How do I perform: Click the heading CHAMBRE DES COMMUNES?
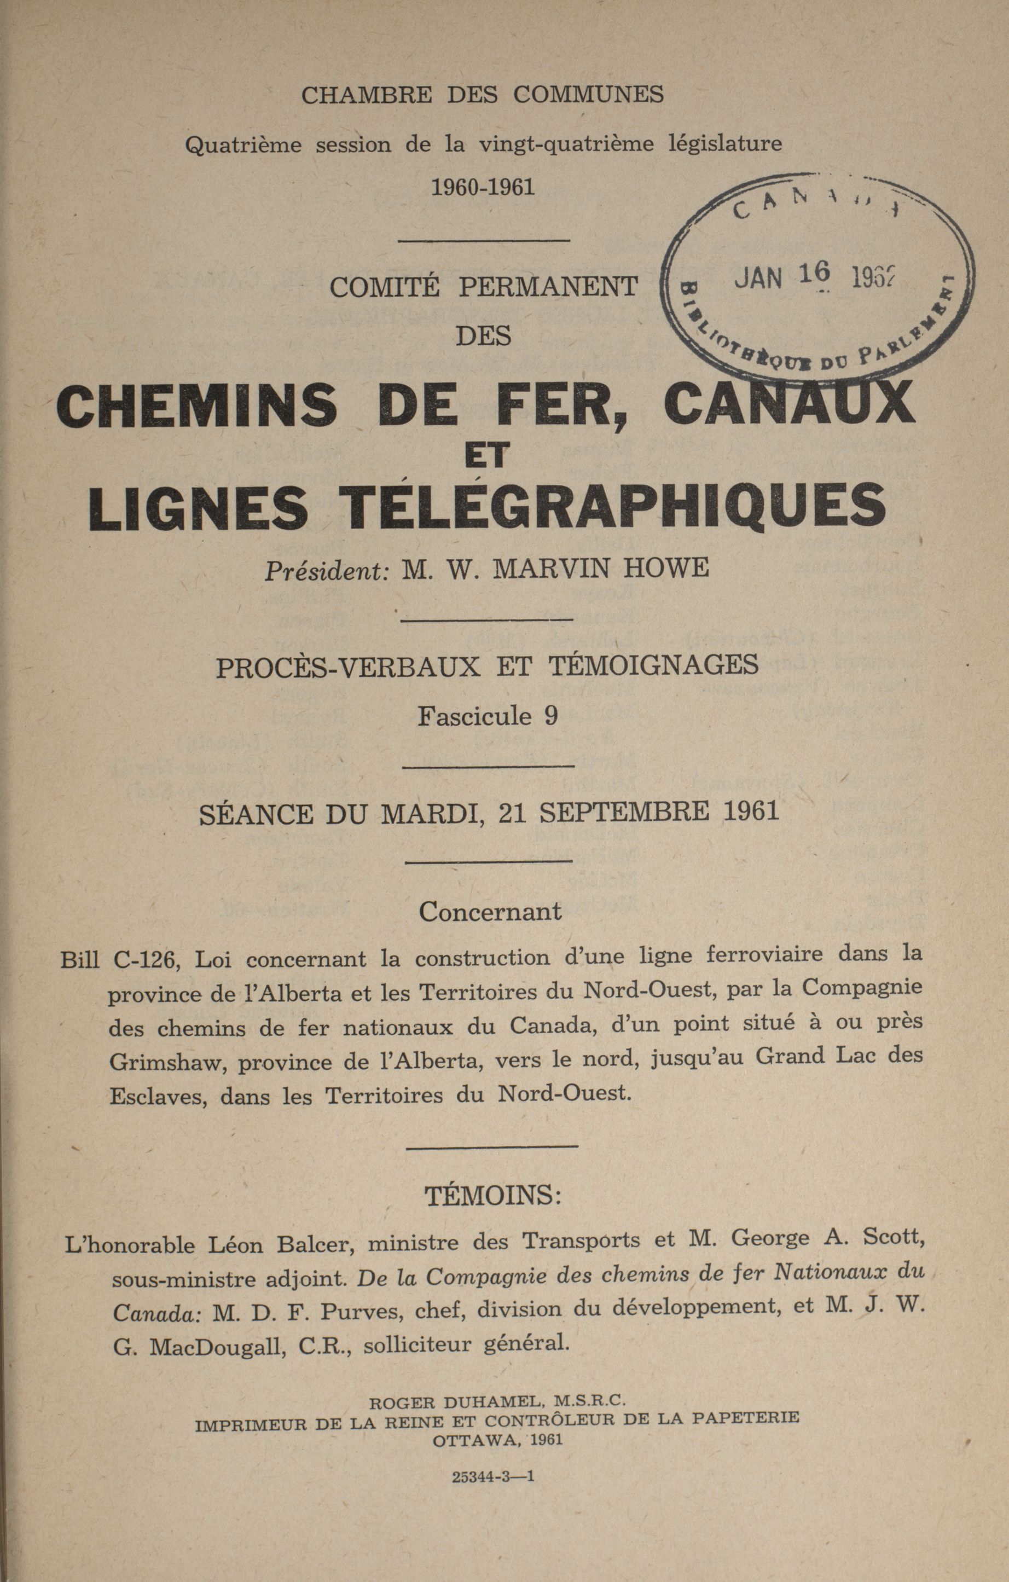tap(482, 95)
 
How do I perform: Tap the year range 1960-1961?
tap(482, 188)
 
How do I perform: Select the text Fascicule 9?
tap(488, 715)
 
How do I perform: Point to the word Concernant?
tap(490, 911)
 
